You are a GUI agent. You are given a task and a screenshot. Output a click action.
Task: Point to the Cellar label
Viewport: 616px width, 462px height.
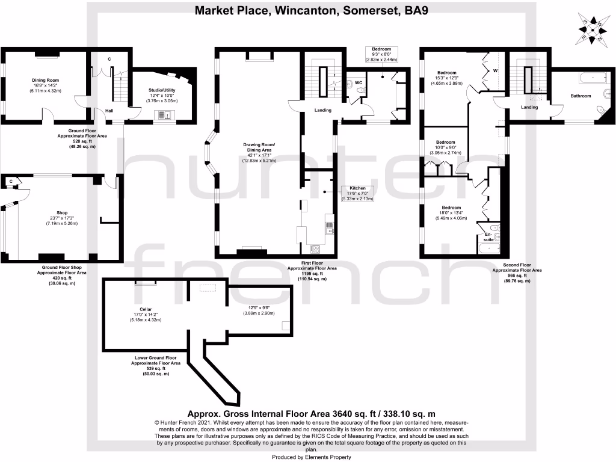pyautogui.click(x=146, y=309)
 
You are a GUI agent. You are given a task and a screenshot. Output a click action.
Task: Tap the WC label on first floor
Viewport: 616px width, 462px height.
pyautogui.click(x=357, y=82)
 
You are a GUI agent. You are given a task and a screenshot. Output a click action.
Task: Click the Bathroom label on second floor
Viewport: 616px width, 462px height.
pyautogui.click(x=581, y=96)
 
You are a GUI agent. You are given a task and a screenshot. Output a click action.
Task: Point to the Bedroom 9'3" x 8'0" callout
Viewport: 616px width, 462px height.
pyautogui.click(x=381, y=55)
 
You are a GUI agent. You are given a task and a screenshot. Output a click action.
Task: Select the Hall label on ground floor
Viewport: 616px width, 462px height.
pyautogui.click(x=109, y=111)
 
